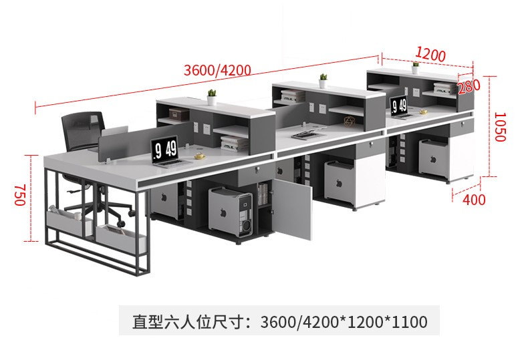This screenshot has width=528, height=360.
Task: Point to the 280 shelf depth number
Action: coord(470,86)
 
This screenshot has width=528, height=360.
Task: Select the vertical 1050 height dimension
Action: coord(501,127)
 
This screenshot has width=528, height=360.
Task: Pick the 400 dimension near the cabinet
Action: coord(474,199)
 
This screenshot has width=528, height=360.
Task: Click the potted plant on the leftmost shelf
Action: coord(211,96)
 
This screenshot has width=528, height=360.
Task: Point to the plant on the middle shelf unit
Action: coord(323,80)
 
